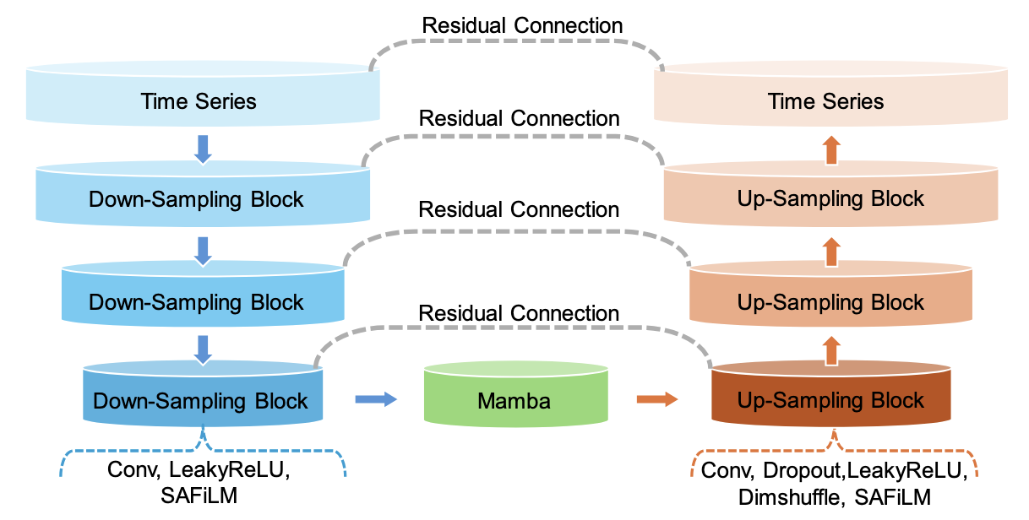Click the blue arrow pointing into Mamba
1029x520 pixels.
pos(376,399)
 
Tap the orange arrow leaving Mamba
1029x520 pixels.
pos(656,399)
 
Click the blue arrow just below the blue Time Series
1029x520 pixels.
pos(203,149)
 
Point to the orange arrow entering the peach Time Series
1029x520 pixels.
pos(831,149)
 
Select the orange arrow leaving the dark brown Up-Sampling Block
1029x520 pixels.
pos(831,349)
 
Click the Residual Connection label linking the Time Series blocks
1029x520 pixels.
pos(522,25)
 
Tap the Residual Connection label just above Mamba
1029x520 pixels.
pos(519,313)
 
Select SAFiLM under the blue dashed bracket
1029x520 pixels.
pos(200,496)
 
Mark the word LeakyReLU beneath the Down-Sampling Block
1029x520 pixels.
pos(236,470)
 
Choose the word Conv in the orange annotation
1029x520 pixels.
pos(726,470)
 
